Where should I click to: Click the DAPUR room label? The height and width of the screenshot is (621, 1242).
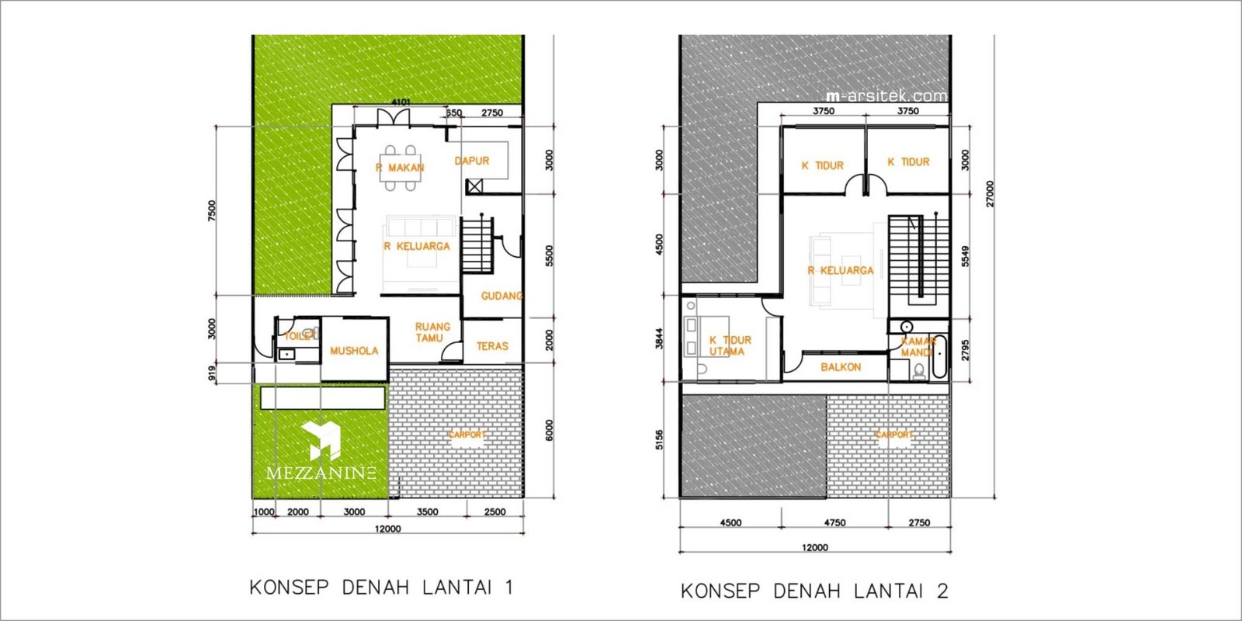pos(472,161)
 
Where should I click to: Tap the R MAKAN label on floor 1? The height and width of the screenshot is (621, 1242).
pos(401,168)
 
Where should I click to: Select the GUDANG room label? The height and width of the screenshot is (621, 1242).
pos(501,296)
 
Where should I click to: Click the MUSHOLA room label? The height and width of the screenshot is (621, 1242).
pos(354,351)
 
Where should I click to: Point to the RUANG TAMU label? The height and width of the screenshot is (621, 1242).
pos(432,332)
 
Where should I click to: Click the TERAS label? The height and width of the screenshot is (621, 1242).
pos(492,346)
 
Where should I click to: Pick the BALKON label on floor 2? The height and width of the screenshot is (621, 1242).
pos(841,367)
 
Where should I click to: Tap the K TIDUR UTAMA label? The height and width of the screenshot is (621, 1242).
pos(729,345)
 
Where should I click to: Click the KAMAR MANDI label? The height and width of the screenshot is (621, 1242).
pos(918,347)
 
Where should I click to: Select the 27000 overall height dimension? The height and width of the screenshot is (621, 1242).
pos(990,193)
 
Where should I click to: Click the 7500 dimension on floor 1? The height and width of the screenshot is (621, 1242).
pos(212,210)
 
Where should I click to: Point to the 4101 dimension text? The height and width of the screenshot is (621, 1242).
pos(401,102)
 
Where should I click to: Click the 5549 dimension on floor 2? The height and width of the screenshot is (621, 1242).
pos(966,257)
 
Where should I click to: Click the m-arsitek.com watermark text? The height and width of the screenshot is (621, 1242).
pos(886,96)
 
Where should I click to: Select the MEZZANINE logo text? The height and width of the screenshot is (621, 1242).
pos(321,473)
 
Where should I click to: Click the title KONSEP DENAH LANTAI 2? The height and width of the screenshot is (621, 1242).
pos(814,591)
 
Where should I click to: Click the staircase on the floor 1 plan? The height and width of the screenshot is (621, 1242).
pos(477,245)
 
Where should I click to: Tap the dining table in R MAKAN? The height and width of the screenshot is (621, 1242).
pos(401,168)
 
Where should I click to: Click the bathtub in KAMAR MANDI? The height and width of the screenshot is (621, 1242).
pos(939,356)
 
